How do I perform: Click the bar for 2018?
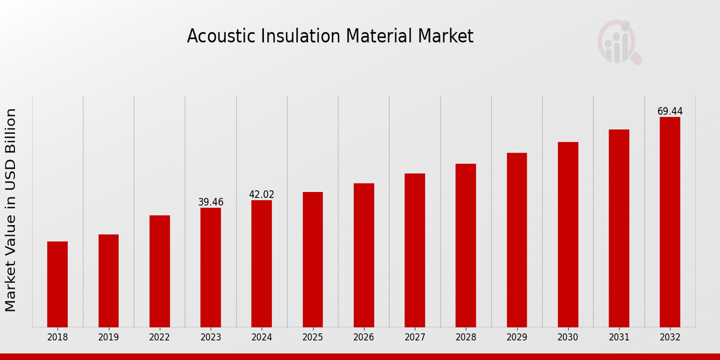58,284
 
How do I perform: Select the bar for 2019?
109,280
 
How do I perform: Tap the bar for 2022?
160,271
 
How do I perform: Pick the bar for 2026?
364,255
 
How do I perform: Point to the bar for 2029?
517,239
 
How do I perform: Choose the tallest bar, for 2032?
670,221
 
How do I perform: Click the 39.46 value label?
211,202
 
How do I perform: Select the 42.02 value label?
262,194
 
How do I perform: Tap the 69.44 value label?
670,112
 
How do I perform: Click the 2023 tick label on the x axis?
211,337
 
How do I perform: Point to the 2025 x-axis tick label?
313,337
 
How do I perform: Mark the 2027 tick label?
415,337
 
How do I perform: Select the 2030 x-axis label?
568,337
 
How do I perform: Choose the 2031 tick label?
619,337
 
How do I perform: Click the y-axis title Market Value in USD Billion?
11,210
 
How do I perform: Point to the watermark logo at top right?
619,42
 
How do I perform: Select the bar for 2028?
466,245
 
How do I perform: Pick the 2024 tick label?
262,337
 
